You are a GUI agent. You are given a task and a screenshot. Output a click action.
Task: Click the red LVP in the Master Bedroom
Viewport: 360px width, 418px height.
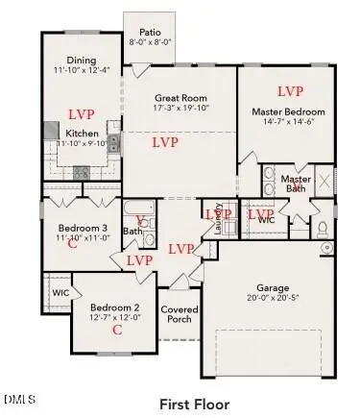coord(291,91)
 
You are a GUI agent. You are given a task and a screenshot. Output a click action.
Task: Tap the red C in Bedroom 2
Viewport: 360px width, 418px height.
coord(117,330)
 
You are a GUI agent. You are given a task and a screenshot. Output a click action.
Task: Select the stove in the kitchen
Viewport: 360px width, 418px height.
coord(83,172)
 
